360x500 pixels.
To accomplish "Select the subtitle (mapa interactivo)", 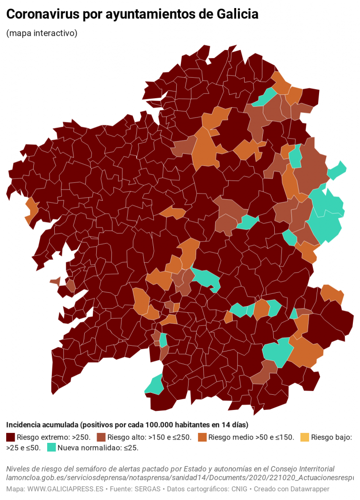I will [x=42, y=33].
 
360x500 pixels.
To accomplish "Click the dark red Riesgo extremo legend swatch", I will [x=10, y=437].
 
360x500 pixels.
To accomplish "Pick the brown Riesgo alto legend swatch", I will [x=101, y=437].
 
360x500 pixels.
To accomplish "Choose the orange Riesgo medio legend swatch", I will [x=202, y=437].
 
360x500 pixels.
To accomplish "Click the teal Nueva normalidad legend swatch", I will [x=51, y=448].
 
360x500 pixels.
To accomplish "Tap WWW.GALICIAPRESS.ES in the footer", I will [x=66, y=489].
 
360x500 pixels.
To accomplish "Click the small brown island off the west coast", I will [x=55, y=281].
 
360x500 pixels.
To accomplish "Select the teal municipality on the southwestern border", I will [x=155, y=385].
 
